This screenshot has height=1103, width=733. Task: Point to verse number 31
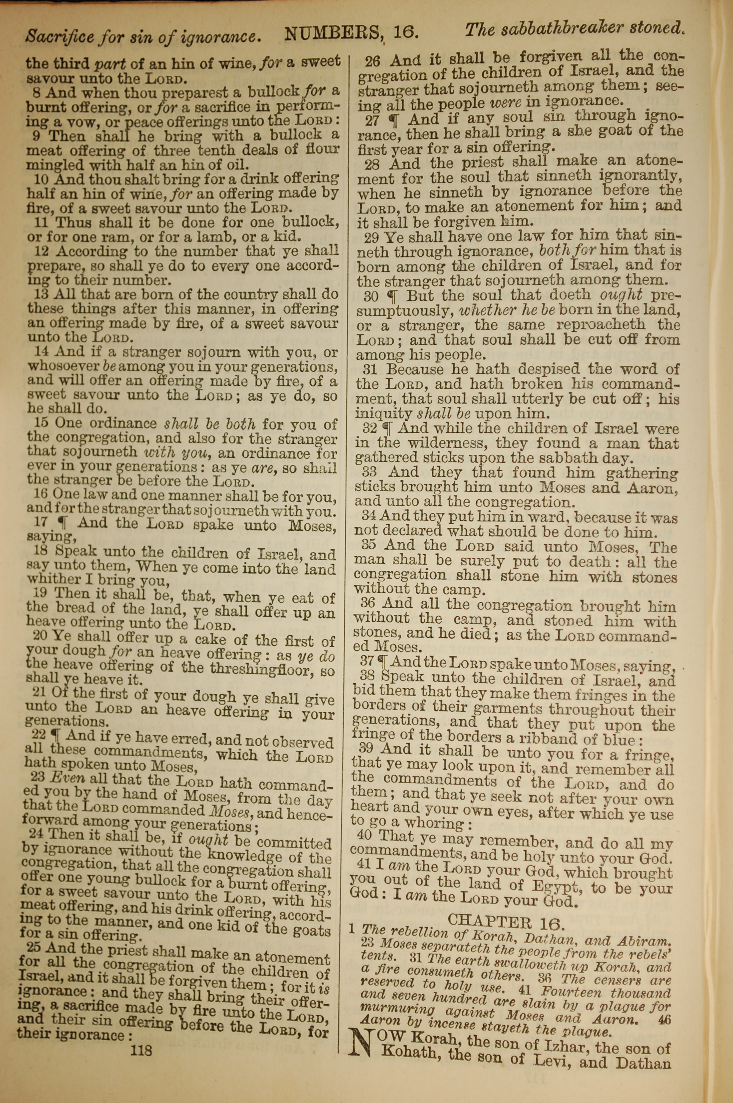pyautogui.click(x=370, y=369)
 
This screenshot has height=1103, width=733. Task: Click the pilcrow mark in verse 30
pyautogui.click(x=392, y=296)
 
